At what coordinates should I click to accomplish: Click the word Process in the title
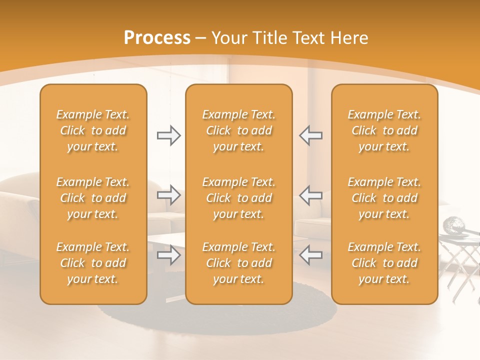point(157,38)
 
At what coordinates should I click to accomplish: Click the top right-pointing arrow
point(168,135)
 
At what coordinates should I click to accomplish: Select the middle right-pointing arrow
point(168,195)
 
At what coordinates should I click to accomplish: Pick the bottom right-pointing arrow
point(168,255)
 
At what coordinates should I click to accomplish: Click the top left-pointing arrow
point(310,135)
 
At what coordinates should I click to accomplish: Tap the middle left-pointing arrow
point(310,195)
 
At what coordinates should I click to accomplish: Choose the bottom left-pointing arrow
point(310,255)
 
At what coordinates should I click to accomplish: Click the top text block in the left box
point(93,130)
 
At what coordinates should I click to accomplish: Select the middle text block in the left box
point(93,198)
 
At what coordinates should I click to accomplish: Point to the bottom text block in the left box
point(93,263)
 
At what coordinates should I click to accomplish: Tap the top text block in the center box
point(238,130)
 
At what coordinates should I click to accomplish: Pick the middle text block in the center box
point(238,198)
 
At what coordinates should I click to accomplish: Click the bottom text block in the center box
point(238,263)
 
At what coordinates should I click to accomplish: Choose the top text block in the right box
point(384,130)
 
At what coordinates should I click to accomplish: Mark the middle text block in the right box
point(384,198)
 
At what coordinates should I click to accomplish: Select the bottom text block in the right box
point(384,263)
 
